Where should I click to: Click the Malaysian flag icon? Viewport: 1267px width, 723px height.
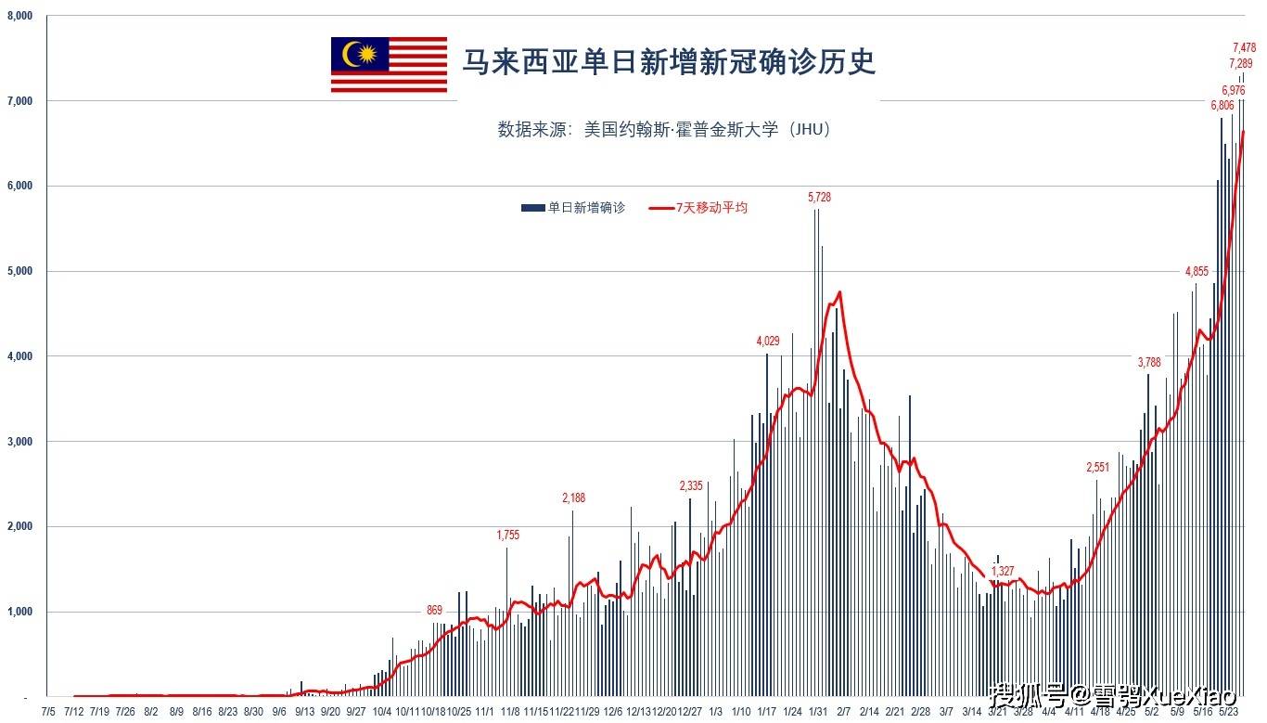point(389,64)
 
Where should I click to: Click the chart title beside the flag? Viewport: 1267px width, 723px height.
point(669,62)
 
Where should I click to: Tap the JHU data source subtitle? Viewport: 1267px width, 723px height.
point(663,129)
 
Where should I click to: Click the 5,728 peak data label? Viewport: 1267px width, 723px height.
point(820,197)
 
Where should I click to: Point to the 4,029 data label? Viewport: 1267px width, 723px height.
point(768,342)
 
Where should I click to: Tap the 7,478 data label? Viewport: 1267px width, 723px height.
point(1244,47)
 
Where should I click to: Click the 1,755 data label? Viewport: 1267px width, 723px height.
point(508,535)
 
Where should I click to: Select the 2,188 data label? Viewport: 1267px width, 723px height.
point(573,498)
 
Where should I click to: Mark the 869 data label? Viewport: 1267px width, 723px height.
point(434,610)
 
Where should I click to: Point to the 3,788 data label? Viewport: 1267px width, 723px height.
point(1149,362)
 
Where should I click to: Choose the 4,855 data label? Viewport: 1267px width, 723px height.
point(1197,271)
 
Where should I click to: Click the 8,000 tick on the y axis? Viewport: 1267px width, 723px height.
point(19,16)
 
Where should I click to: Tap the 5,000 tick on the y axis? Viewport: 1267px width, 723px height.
point(19,271)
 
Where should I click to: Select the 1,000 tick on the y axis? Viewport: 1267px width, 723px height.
point(19,612)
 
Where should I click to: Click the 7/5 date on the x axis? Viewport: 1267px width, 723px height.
point(48,712)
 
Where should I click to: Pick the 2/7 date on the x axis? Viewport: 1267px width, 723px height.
point(844,712)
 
